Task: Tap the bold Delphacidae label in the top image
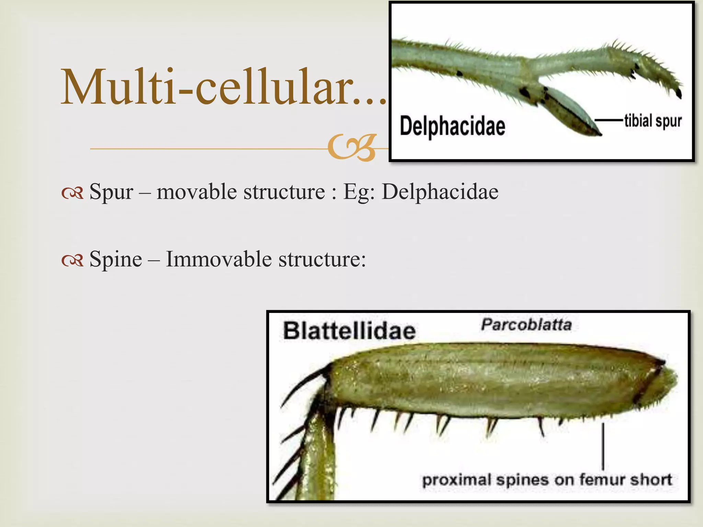[x=452, y=126]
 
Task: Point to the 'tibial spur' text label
[x=653, y=121]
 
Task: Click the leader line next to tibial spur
[x=608, y=120]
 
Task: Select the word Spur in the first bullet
[x=111, y=191]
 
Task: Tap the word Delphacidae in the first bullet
[x=440, y=191]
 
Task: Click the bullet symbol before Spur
[x=72, y=194]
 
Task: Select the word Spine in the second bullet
[x=115, y=259]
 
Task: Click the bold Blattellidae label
[x=349, y=331]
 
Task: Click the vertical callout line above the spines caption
[x=603, y=446]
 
